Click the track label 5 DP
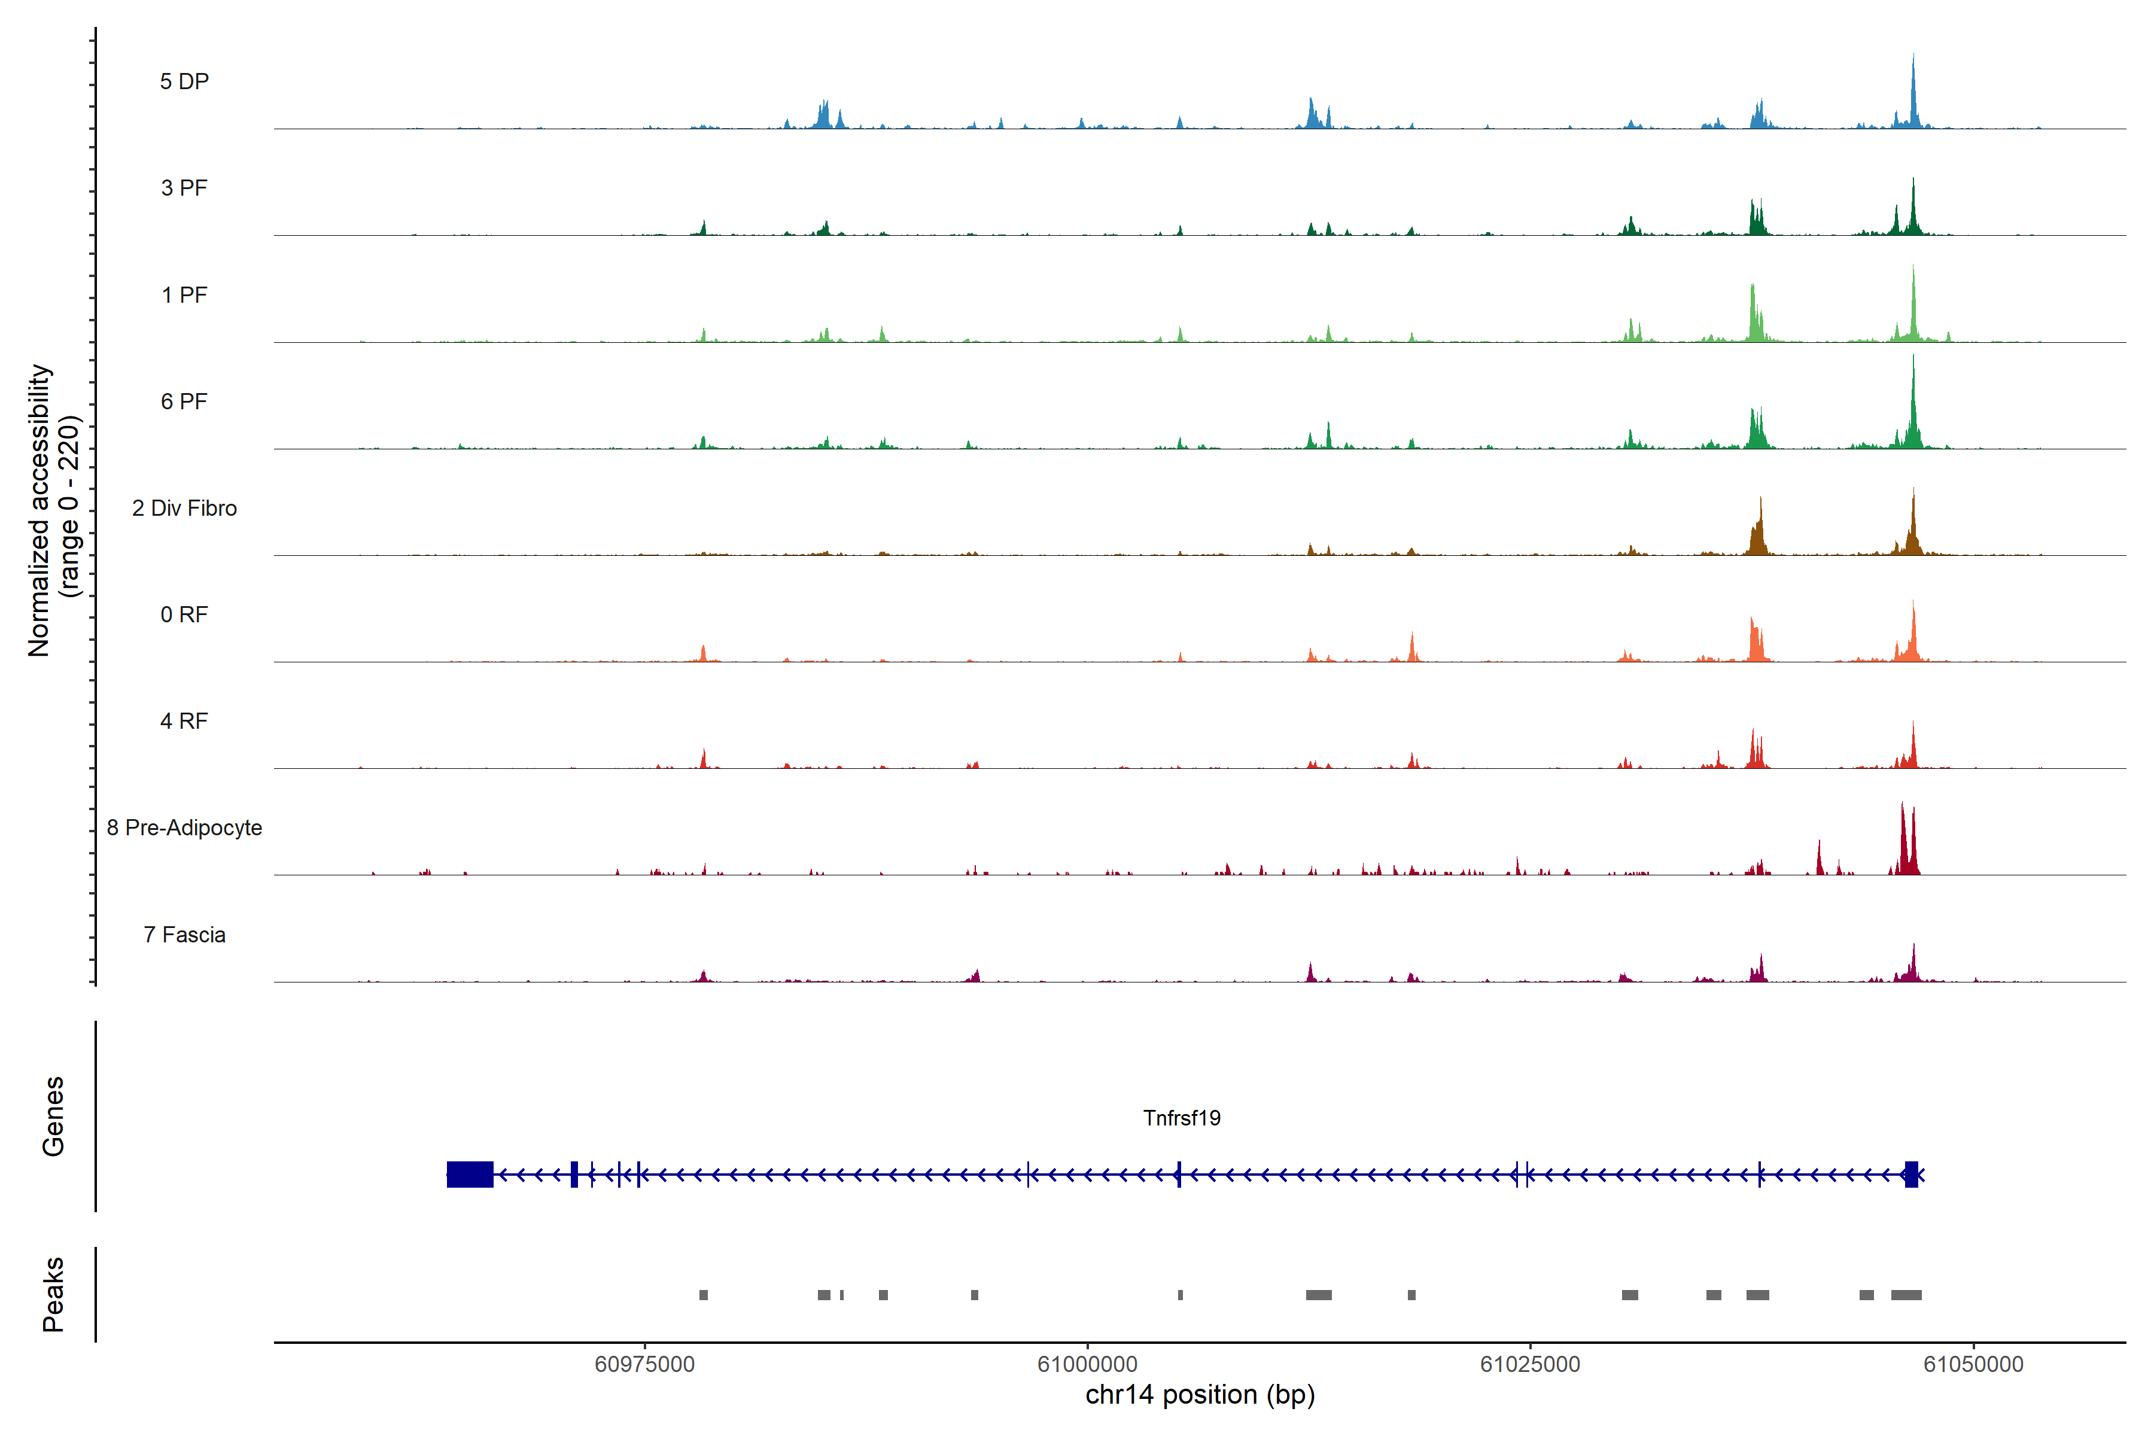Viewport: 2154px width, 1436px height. coord(184,81)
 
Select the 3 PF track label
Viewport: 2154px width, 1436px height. coord(184,188)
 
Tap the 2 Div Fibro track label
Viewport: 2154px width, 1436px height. coord(184,508)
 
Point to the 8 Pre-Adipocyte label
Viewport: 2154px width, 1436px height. coord(184,828)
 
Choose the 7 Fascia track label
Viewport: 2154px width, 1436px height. coord(184,935)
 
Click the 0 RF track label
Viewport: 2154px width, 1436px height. coord(184,614)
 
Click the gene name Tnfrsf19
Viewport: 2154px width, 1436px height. coord(1181,1118)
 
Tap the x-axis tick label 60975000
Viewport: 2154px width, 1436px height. coord(645,1365)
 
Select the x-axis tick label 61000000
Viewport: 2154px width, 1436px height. coord(1087,1365)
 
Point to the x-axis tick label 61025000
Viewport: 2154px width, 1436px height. coord(1531,1365)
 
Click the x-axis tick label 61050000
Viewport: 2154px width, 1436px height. coord(1973,1365)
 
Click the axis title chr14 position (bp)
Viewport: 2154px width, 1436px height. coord(1200,1395)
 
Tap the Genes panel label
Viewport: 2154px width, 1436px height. coord(53,1116)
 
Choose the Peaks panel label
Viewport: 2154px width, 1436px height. coord(53,1294)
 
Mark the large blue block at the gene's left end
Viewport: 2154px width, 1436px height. coord(470,1174)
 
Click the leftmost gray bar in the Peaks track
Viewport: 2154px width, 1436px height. coord(704,1295)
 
